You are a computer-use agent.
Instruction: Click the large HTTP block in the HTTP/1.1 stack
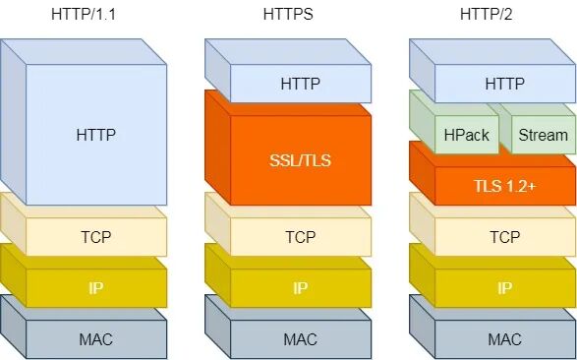(95, 134)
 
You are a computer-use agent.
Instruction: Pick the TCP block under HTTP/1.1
(95, 237)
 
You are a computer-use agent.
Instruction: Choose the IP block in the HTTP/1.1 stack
(95, 288)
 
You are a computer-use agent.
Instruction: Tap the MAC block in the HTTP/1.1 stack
(95, 339)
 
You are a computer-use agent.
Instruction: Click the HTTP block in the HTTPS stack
(300, 84)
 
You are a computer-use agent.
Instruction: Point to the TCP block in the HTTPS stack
(300, 237)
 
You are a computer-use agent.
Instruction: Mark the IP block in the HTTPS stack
(300, 288)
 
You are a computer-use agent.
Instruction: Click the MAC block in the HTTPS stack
(300, 339)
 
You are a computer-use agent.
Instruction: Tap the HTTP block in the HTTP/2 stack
(504, 84)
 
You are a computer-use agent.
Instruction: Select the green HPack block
(466, 135)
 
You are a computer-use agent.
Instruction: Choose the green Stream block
(543, 135)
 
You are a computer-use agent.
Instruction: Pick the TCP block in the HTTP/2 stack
(504, 237)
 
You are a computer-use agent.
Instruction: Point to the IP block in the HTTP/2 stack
(504, 288)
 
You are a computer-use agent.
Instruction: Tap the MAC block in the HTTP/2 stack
(504, 339)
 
